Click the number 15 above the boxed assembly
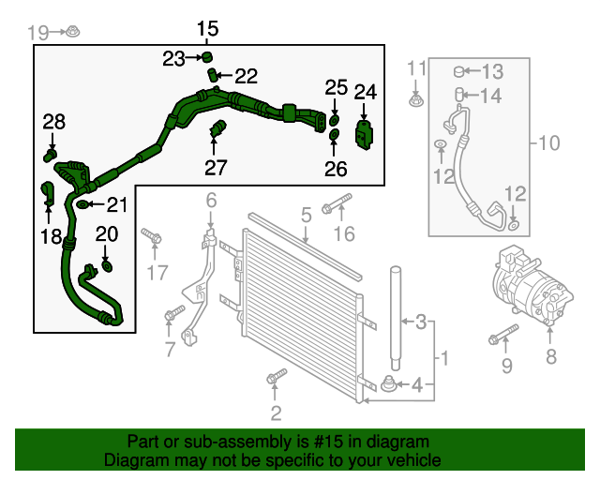207,28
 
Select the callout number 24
365,92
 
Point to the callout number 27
216,168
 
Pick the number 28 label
54,121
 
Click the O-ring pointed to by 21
83,202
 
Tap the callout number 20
107,234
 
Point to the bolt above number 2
275,379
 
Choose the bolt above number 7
172,315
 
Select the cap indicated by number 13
460,70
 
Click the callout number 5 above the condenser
306,217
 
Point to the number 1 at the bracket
445,358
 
